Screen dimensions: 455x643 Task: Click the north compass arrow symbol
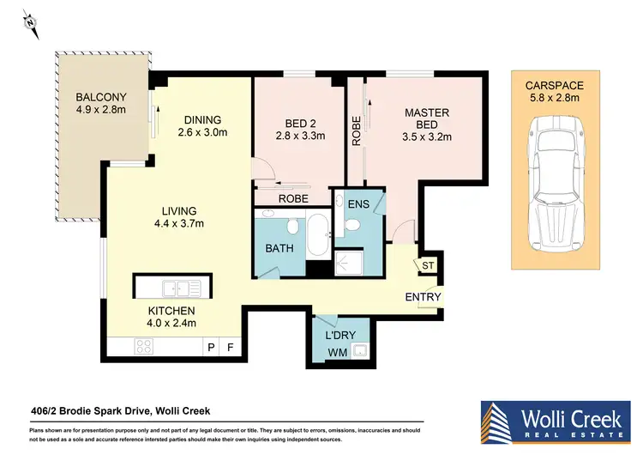(32, 25)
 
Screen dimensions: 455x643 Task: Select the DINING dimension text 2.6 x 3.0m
(202, 133)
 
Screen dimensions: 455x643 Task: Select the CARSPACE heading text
(554, 85)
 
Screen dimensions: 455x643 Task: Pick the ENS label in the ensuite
(358, 203)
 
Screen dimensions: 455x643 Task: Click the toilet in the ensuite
(350, 225)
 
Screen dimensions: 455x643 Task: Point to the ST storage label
(427, 267)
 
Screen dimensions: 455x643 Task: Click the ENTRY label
(424, 298)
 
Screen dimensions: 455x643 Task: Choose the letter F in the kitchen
(229, 348)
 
